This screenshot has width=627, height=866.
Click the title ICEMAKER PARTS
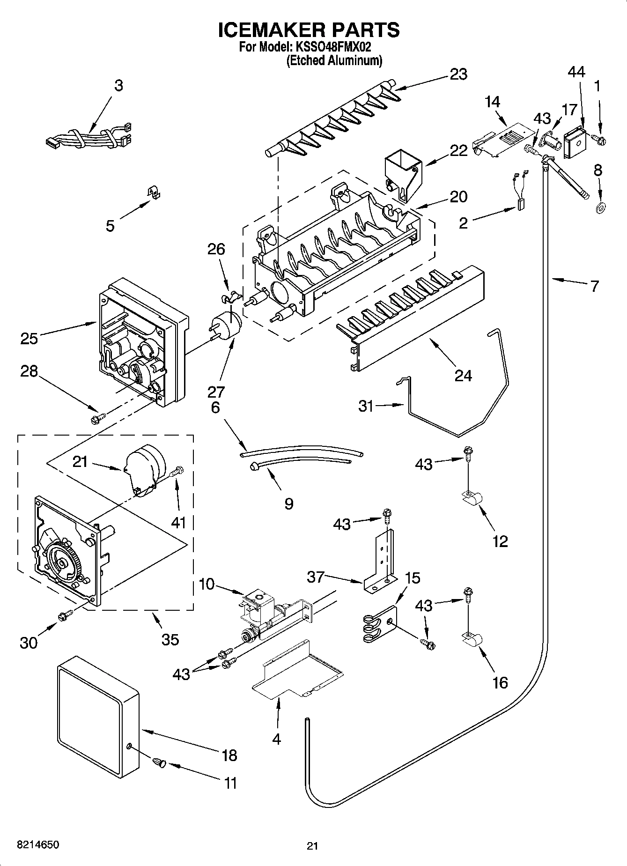click(x=309, y=30)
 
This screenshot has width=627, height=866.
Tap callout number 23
click(x=458, y=74)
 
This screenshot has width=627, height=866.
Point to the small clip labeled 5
click(x=152, y=192)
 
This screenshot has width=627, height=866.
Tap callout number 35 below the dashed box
click(x=170, y=639)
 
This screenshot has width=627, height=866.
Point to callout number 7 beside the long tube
click(x=594, y=286)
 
